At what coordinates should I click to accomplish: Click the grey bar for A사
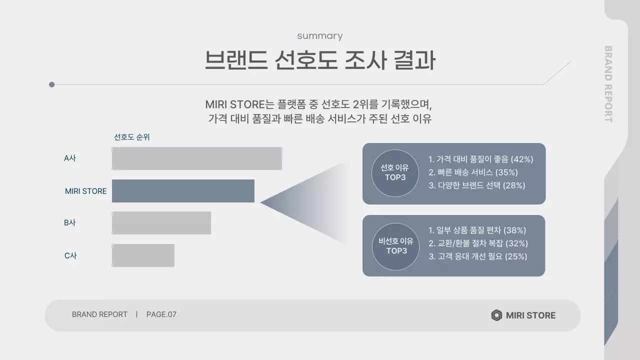pyautogui.click(x=196, y=158)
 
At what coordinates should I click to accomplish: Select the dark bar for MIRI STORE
pyautogui.click(x=183, y=191)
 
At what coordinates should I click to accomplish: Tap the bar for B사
pyautogui.click(x=161, y=223)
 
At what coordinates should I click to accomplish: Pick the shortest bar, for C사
pyautogui.click(x=143, y=255)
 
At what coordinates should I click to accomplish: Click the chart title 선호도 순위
pyautogui.click(x=131, y=137)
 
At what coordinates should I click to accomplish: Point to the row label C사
pyautogui.click(x=70, y=255)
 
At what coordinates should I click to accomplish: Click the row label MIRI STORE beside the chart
pyautogui.click(x=85, y=191)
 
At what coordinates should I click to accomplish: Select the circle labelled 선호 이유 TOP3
pyautogui.click(x=395, y=173)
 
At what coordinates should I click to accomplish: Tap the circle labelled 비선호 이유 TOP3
pyautogui.click(x=395, y=246)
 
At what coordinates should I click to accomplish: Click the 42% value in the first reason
pyautogui.click(x=522, y=159)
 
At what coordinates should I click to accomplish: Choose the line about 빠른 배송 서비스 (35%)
pyautogui.click(x=473, y=172)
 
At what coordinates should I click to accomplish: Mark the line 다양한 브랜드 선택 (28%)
pyautogui.click(x=477, y=185)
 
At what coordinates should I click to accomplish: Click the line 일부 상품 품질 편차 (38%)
pyautogui.click(x=477, y=230)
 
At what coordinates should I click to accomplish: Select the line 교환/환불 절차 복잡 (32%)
pyautogui.click(x=478, y=243)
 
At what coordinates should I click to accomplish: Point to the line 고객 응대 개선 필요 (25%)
pyautogui.click(x=477, y=256)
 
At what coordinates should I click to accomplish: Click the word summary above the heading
pyautogui.click(x=319, y=36)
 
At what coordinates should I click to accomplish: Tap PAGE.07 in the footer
pyautogui.click(x=161, y=314)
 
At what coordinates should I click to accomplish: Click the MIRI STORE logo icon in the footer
pyautogui.click(x=496, y=315)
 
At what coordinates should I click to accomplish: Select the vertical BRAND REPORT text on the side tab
pyautogui.click(x=608, y=84)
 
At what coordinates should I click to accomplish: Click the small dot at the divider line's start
pyautogui.click(x=51, y=84)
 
